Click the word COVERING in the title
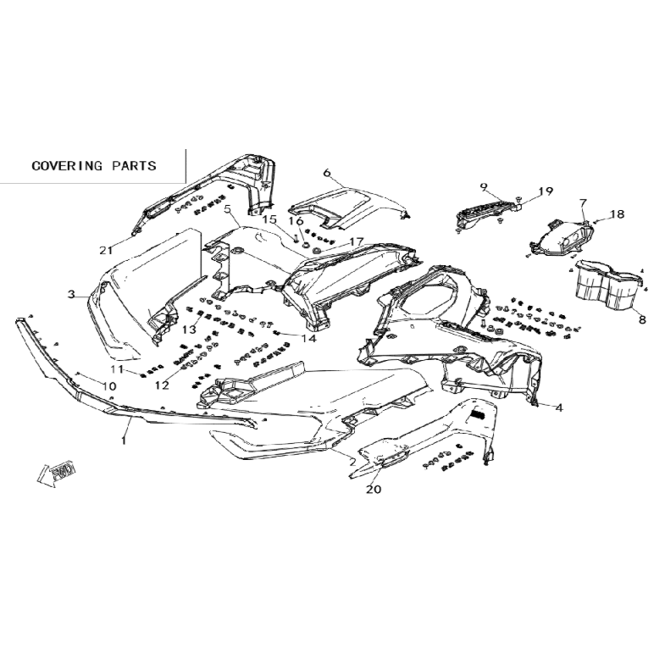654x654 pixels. pyautogui.click(x=67, y=165)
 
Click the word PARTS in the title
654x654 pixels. pyautogui.click(x=134, y=165)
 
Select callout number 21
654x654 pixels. pyautogui.click(x=106, y=250)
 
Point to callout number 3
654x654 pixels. pyautogui.click(x=71, y=295)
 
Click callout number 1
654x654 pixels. pyautogui.click(x=124, y=440)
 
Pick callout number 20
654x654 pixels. pyautogui.click(x=374, y=489)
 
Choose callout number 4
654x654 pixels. pyautogui.click(x=559, y=407)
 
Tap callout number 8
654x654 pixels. pyautogui.click(x=642, y=320)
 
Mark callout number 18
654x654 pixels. pyautogui.click(x=618, y=214)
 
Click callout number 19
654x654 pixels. pyautogui.click(x=546, y=191)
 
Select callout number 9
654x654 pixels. pyautogui.click(x=484, y=186)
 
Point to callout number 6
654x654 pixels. pyautogui.click(x=327, y=172)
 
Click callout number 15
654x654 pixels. pyautogui.click(x=269, y=219)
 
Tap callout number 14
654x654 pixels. pyautogui.click(x=309, y=338)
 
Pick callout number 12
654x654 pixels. pyautogui.click(x=163, y=385)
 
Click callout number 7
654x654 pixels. pyautogui.click(x=583, y=203)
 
